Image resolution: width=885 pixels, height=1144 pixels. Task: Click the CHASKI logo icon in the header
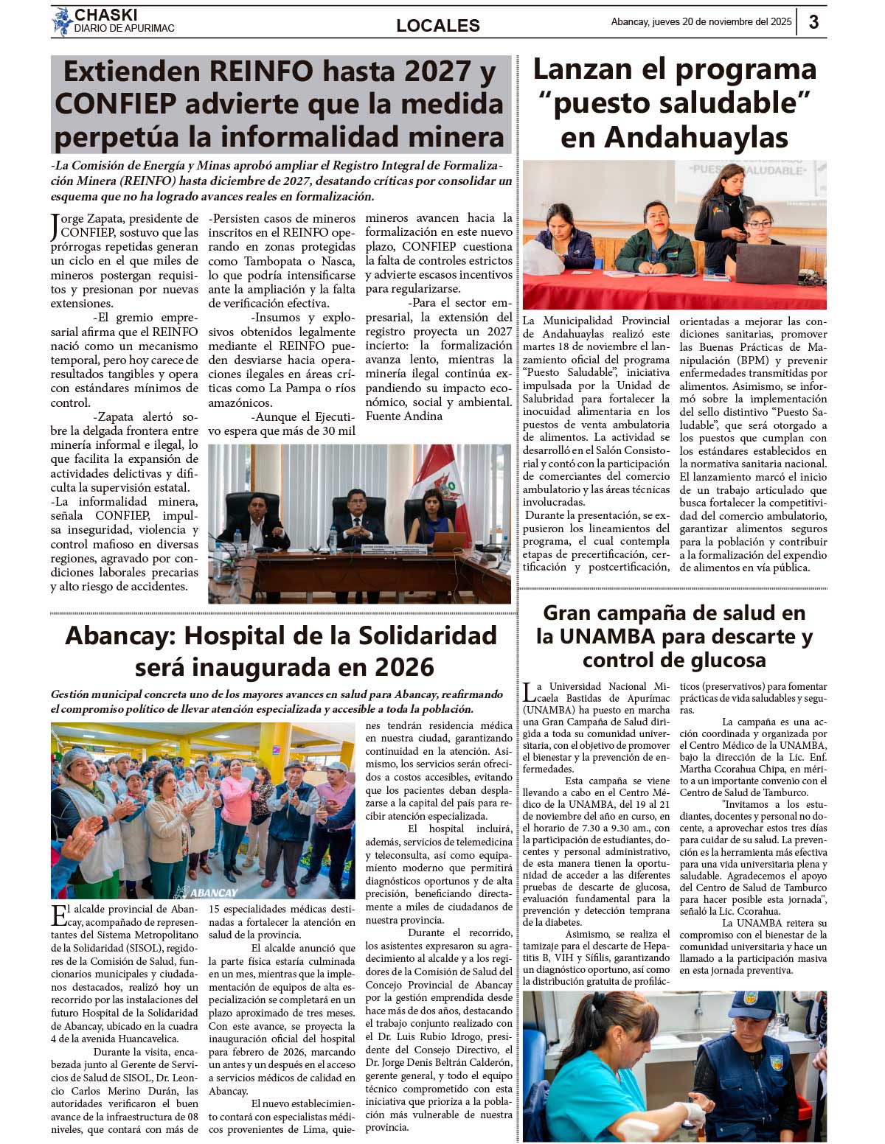61,21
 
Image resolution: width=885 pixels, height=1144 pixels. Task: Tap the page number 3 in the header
813,22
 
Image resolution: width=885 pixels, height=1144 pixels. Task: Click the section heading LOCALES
438,26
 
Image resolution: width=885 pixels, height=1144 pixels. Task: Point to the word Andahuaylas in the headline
674,138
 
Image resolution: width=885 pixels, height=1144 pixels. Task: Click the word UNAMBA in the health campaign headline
607,636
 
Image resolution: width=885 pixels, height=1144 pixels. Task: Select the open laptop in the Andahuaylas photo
768,264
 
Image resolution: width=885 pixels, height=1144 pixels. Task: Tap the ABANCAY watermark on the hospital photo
206,892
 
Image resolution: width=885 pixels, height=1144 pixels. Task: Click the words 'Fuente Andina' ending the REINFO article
404,416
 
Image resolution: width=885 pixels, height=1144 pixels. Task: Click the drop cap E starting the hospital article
58,915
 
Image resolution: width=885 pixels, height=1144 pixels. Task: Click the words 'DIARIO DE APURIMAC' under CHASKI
124,29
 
